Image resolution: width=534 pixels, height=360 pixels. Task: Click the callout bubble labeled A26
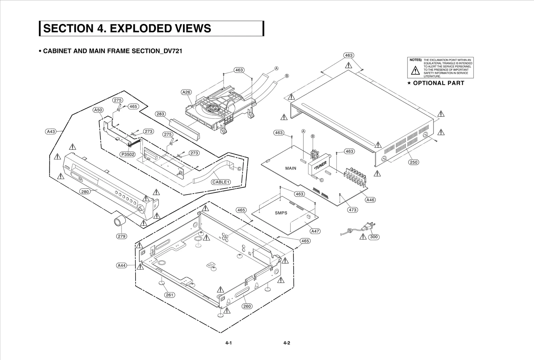pyautogui.click(x=186, y=92)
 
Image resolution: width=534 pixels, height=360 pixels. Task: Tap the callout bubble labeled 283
pyautogui.click(x=161, y=114)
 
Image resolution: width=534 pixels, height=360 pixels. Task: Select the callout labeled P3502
pyautogui.click(x=128, y=154)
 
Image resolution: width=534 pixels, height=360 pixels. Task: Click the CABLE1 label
pyautogui.click(x=221, y=182)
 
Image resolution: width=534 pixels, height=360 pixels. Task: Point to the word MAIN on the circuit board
pyautogui.click(x=291, y=168)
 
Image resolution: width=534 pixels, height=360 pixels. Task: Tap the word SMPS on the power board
pyautogui.click(x=281, y=213)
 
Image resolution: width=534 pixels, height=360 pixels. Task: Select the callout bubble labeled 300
pyautogui.click(x=374, y=237)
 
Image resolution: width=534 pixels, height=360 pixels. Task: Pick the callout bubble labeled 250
pyautogui.click(x=413, y=162)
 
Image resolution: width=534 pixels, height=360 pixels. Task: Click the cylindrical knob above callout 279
pyautogui.click(x=120, y=221)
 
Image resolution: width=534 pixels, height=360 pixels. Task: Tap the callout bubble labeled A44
pyautogui.click(x=121, y=266)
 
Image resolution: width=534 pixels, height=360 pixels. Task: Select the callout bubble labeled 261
pyautogui.click(x=170, y=295)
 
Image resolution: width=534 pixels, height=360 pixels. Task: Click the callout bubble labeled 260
pyautogui.click(x=247, y=306)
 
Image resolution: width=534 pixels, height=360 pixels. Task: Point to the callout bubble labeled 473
pyautogui.click(x=352, y=210)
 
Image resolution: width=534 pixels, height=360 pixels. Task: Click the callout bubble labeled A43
pyautogui.click(x=51, y=131)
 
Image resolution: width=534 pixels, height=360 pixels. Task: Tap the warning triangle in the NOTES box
pyautogui.click(x=415, y=71)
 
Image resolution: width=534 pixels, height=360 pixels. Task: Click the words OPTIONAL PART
pyautogui.click(x=439, y=83)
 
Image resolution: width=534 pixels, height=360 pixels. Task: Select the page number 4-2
pyautogui.click(x=286, y=343)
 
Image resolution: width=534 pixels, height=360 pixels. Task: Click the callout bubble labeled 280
pyautogui.click(x=85, y=192)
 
